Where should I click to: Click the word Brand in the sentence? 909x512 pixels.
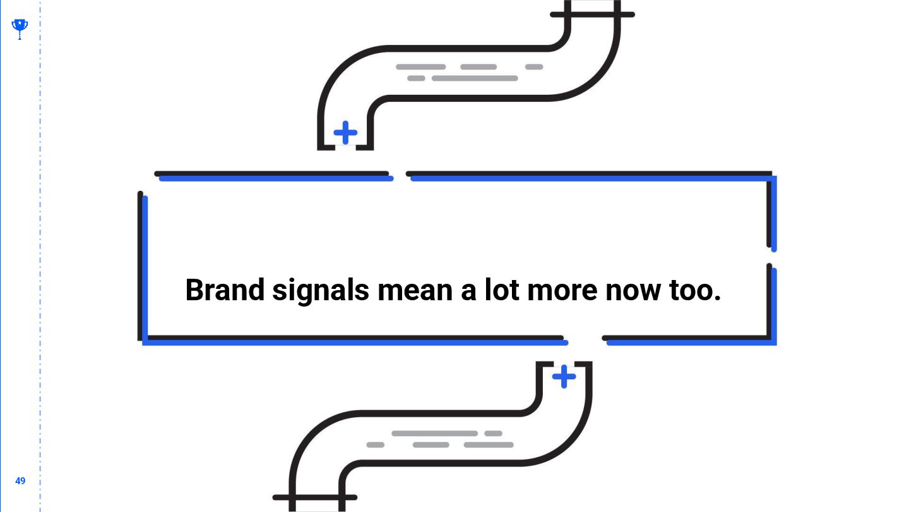click(x=225, y=290)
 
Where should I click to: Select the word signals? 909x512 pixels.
click(x=321, y=291)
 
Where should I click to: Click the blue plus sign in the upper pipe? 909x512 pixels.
click(x=345, y=133)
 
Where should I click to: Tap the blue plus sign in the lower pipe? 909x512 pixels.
click(x=564, y=377)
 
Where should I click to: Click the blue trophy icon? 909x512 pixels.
click(x=20, y=27)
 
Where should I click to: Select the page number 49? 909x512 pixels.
click(x=20, y=481)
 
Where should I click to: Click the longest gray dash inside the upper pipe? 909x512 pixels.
click(x=475, y=78)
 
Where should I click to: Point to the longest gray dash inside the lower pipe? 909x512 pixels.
click(x=434, y=434)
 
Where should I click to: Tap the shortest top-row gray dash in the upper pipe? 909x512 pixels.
click(x=534, y=67)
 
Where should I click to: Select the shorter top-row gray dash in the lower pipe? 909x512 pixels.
click(x=493, y=434)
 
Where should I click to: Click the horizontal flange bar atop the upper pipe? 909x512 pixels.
click(x=592, y=15)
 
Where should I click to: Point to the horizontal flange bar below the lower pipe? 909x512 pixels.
click(x=314, y=497)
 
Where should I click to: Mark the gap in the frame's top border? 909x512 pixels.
click(x=399, y=174)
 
